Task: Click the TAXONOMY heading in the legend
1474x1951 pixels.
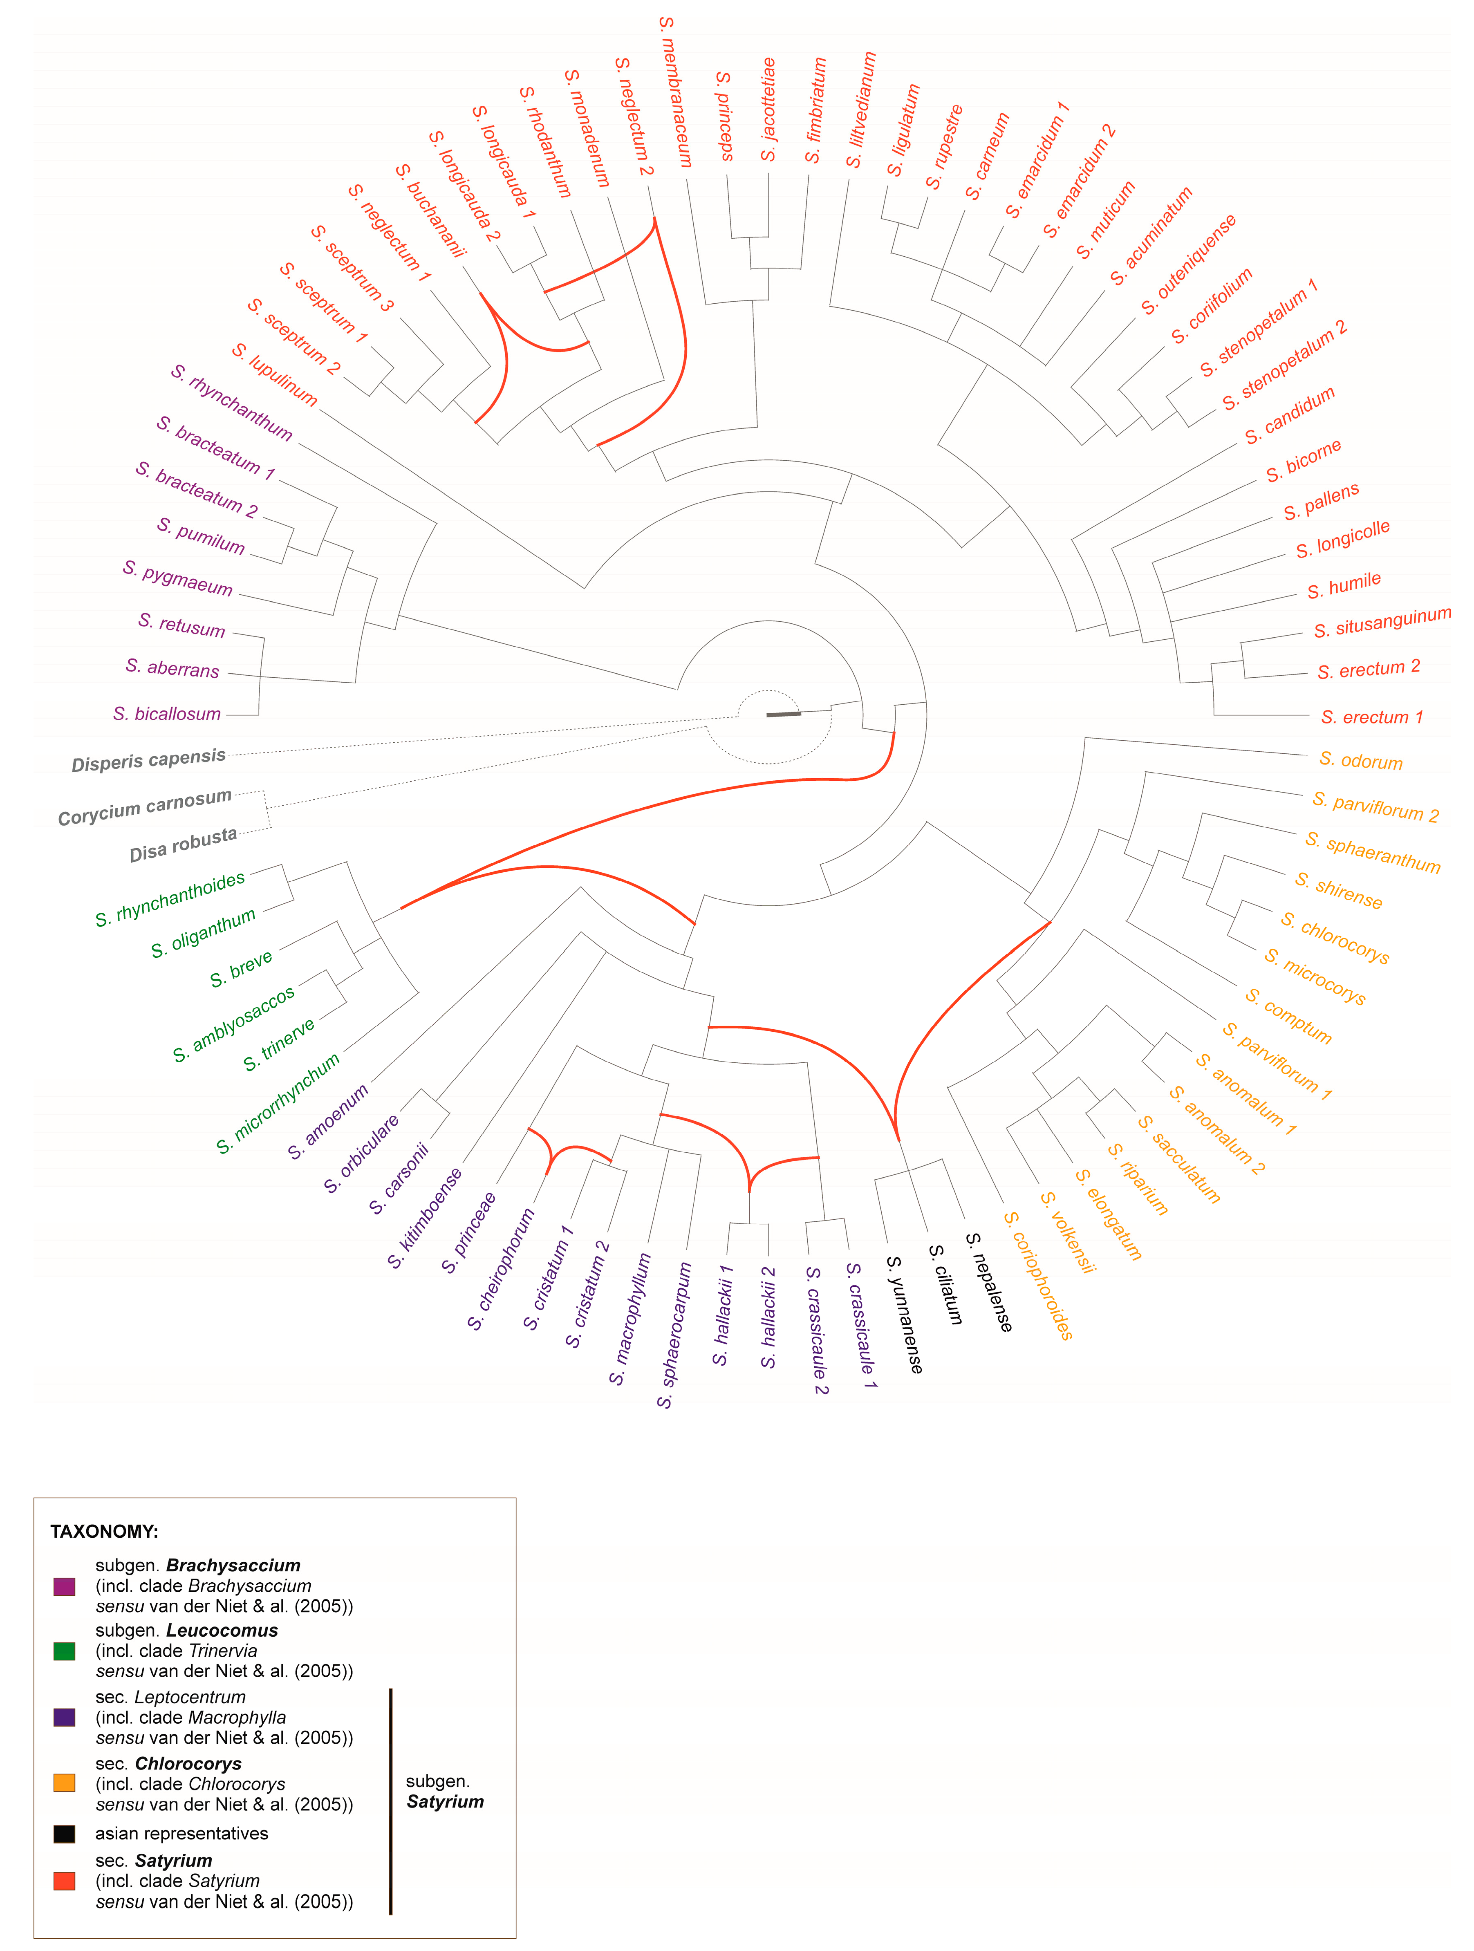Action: pyautogui.click(x=104, y=1531)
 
